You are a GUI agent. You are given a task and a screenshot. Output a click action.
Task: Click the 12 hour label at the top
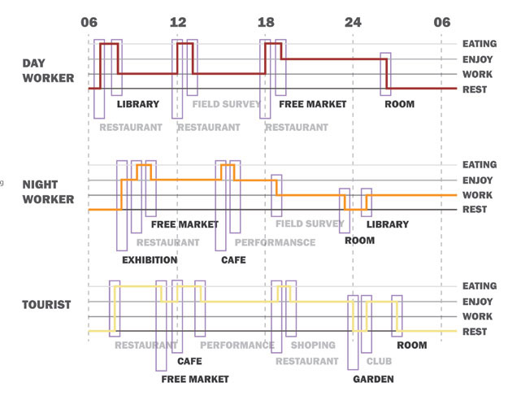[x=178, y=23]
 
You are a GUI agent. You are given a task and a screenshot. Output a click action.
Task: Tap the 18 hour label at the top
[x=266, y=23]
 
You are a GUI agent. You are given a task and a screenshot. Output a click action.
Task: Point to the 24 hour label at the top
[x=353, y=23]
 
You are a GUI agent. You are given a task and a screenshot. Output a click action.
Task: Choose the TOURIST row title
[x=47, y=305]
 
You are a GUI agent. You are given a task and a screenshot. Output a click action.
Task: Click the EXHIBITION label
[x=150, y=260]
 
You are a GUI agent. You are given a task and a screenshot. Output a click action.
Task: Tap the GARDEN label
[x=373, y=379]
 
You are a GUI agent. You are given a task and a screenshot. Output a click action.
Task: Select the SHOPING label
[x=313, y=346]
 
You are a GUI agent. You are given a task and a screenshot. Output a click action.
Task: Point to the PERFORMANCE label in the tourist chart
[x=237, y=346]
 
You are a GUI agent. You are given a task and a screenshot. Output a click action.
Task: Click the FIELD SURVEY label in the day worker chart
[x=227, y=104]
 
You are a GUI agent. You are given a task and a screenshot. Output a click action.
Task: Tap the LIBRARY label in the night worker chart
[x=387, y=224]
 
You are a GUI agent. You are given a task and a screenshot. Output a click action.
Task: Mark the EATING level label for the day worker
[x=480, y=44]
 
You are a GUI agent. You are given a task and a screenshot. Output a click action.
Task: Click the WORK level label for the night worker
[x=477, y=195]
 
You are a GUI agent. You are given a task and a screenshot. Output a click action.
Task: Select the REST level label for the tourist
[x=475, y=332]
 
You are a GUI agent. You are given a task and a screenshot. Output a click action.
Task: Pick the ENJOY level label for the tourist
[x=478, y=302]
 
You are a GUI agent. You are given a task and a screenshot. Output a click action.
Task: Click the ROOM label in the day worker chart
[x=399, y=104]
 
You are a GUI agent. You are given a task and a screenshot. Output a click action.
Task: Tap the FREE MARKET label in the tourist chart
[x=195, y=379]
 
